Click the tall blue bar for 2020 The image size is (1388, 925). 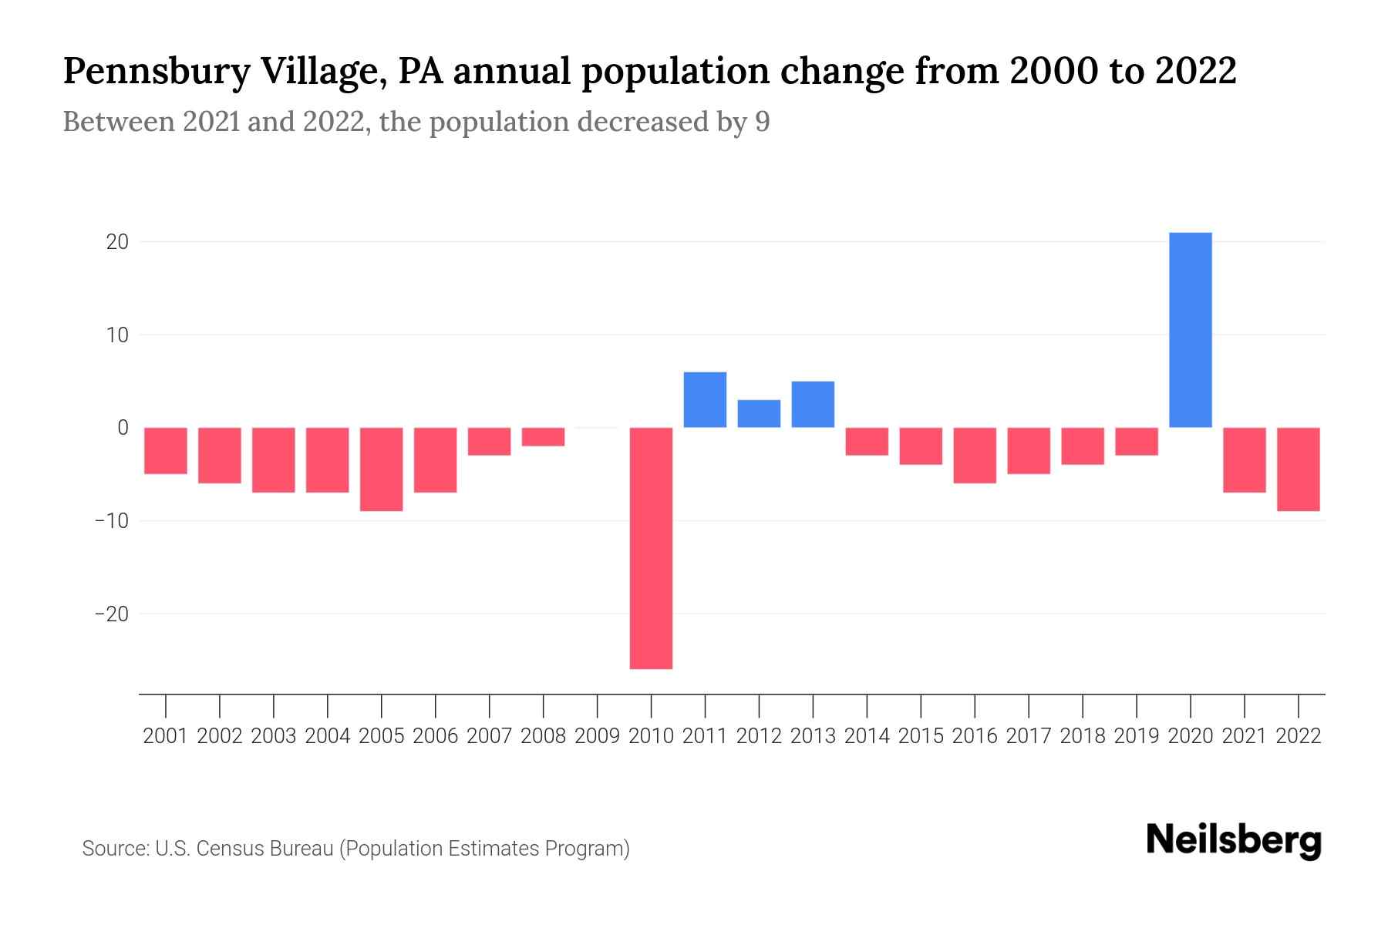click(1191, 330)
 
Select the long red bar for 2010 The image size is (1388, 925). click(651, 547)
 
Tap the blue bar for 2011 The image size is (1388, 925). click(705, 399)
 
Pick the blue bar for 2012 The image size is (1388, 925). click(759, 413)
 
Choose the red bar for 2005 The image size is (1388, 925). click(382, 469)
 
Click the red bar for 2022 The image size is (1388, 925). click(1299, 469)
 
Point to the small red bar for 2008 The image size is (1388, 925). click(544, 436)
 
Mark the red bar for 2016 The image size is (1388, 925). click(975, 455)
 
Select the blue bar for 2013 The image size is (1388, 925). click(813, 404)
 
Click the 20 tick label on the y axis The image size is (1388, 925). click(117, 242)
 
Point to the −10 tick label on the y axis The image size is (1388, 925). click(111, 520)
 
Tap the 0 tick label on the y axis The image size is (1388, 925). click(123, 427)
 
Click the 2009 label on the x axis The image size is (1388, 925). click(597, 736)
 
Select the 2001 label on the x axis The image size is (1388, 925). click(166, 736)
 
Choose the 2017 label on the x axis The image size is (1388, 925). click(1029, 736)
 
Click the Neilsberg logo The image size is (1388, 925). click(1234, 840)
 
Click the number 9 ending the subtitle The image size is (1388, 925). click(762, 122)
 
